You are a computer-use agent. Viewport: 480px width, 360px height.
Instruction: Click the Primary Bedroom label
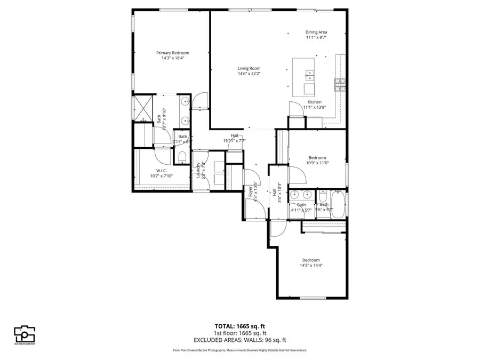172,53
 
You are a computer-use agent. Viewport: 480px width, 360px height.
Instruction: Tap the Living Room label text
249,68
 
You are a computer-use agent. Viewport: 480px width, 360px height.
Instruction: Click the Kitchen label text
314,102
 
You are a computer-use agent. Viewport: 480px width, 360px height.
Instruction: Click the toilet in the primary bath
182,156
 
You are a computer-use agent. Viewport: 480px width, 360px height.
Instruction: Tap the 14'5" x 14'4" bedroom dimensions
311,265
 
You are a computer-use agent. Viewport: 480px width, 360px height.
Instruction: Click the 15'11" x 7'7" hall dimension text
234,141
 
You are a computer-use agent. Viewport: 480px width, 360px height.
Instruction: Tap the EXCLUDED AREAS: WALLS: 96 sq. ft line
239,339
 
